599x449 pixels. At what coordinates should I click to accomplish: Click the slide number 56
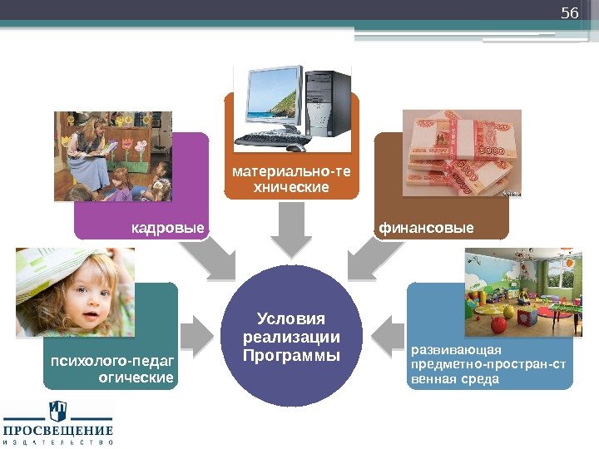tap(569, 13)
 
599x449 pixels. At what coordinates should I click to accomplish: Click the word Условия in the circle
tap(290, 319)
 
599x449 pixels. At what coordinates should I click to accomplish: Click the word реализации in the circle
tap(290, 338)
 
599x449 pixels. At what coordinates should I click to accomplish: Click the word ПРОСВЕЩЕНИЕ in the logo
tap(58, 431)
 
